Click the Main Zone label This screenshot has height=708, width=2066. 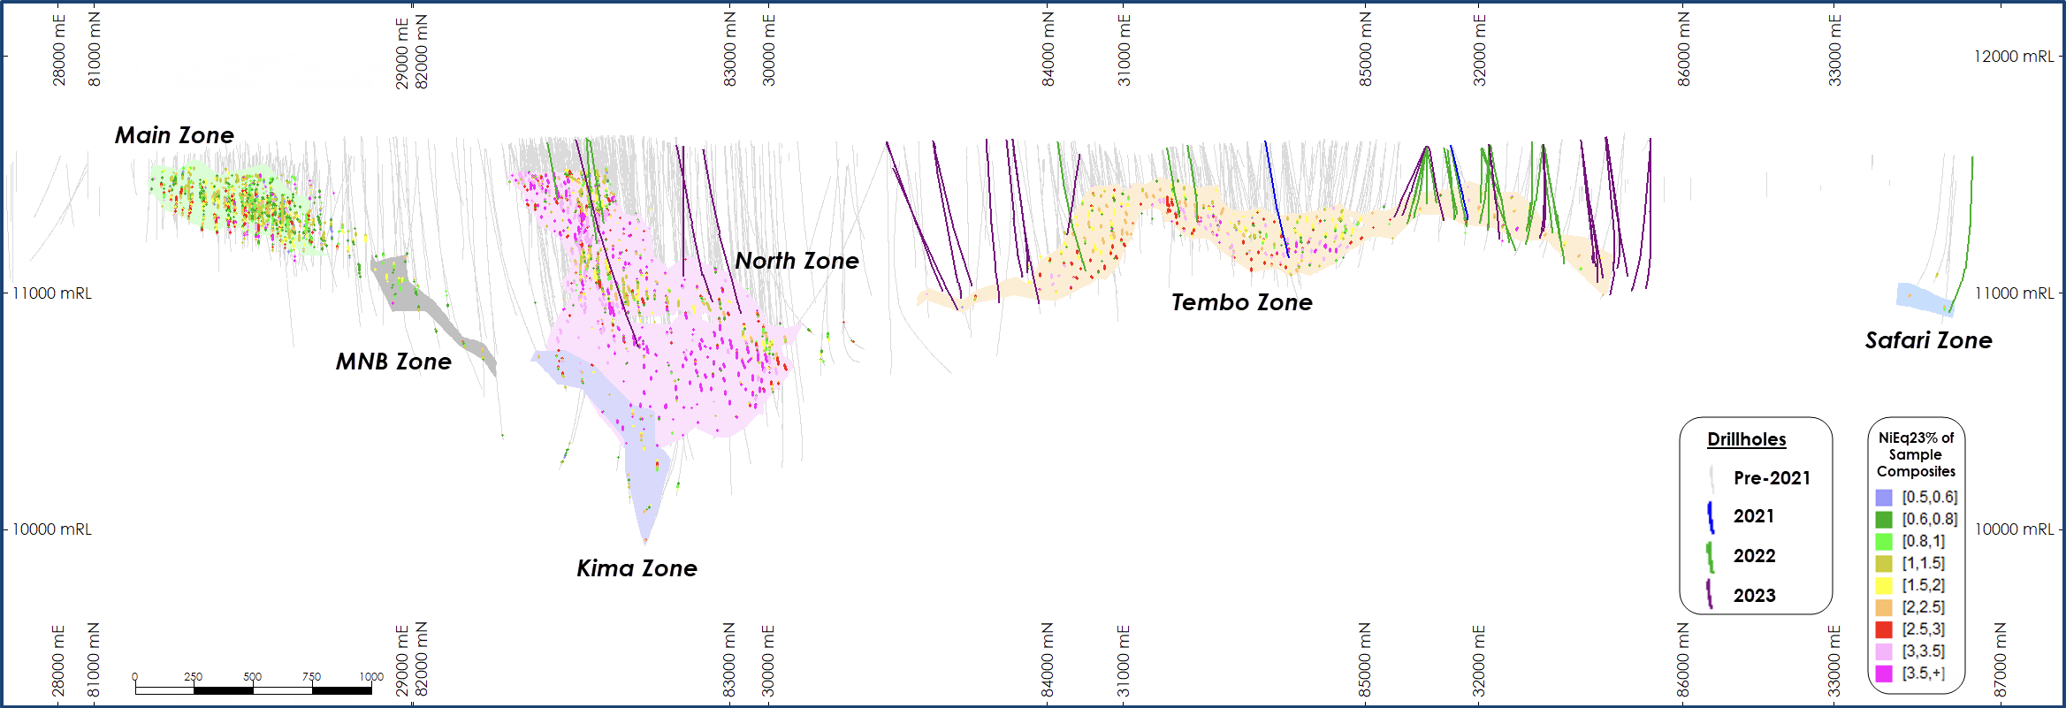[x=174, y=135]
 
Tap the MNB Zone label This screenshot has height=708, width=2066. [x=393, y=362]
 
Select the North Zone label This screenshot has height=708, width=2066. [x=797, y=261]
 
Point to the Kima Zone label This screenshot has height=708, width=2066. [x=637, y=568]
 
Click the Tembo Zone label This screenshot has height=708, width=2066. [x=1241, y=302]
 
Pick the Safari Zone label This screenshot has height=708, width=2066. [x=1928, y=340]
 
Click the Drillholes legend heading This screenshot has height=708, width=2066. [x=1746, y=439]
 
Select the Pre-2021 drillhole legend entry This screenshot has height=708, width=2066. [x=1771, y=478]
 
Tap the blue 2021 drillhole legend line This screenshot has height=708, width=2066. [x=1711, y=517]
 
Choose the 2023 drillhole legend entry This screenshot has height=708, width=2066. [x=1754, y=595]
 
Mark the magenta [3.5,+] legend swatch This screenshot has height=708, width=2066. [x=1884, y=674]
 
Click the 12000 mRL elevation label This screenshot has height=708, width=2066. [x=2014, y=57]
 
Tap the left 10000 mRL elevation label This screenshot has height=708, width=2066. [x=52, y=529]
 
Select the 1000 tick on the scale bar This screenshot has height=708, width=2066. [x=371, y=677]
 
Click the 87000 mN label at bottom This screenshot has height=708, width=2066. [x=2001, y=659]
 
